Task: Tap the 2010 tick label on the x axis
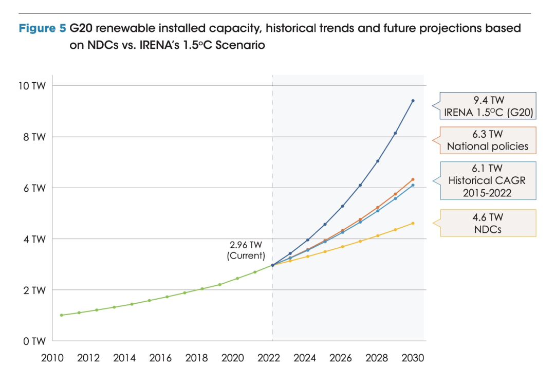[x=53, y=358]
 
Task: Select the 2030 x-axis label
[x=412, y=358]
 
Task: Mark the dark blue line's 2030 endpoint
[x=413, y=101]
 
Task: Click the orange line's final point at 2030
[x=413, y=179]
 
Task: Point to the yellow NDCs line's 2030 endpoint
[x=413, y=223]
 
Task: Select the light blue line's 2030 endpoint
[x=413, y=185]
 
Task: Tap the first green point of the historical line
[x=62, y=315]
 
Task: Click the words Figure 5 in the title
[x=42, y=29]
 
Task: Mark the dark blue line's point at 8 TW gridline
[x=395, y=133]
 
